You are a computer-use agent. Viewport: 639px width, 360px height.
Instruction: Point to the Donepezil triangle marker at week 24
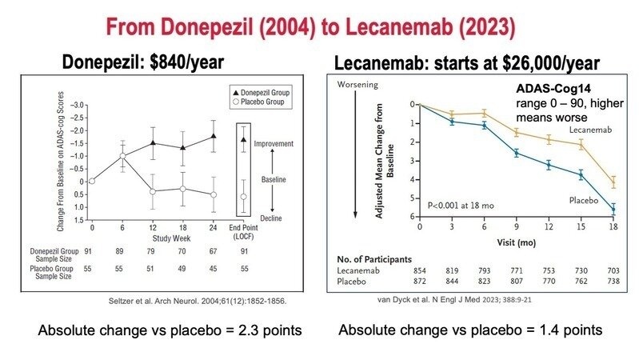click(213, 137)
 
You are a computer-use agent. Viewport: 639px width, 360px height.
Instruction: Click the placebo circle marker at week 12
click(152, 191)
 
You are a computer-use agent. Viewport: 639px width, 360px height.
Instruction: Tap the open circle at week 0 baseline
click(92, 181)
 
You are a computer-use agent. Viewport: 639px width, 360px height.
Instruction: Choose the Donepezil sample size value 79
click(152, 252)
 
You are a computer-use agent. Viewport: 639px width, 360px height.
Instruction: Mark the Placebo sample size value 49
click(182, 268)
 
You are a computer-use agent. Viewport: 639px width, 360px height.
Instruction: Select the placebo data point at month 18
click(613, 210)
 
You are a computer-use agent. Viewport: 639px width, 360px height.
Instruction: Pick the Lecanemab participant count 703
click(613, 272)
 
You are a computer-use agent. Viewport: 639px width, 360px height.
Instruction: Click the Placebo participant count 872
click(420, 282)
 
